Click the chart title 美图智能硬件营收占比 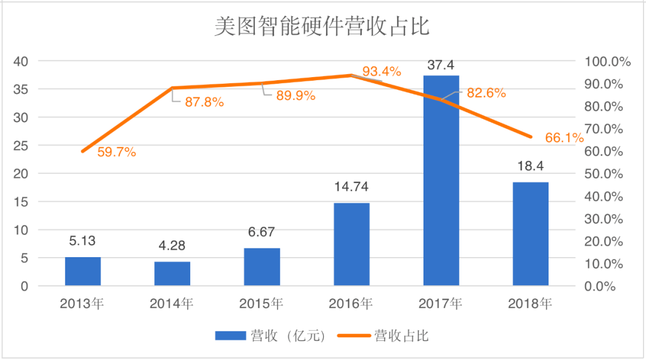(x=322, y=27)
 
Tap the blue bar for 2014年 (x=172, y=274)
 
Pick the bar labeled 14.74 (x=351, y=244)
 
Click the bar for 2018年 (x=531, y=234)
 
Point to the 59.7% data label (x=116, y=152)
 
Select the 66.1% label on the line (x=564, y=138)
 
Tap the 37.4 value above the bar (x=441, y=64)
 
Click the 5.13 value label (x=83, y=241)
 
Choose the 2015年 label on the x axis (x=261, y=304)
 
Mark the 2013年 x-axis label (x=83, y=304)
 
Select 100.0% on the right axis (x=608, y=62)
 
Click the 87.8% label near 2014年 (x=204, y=102)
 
